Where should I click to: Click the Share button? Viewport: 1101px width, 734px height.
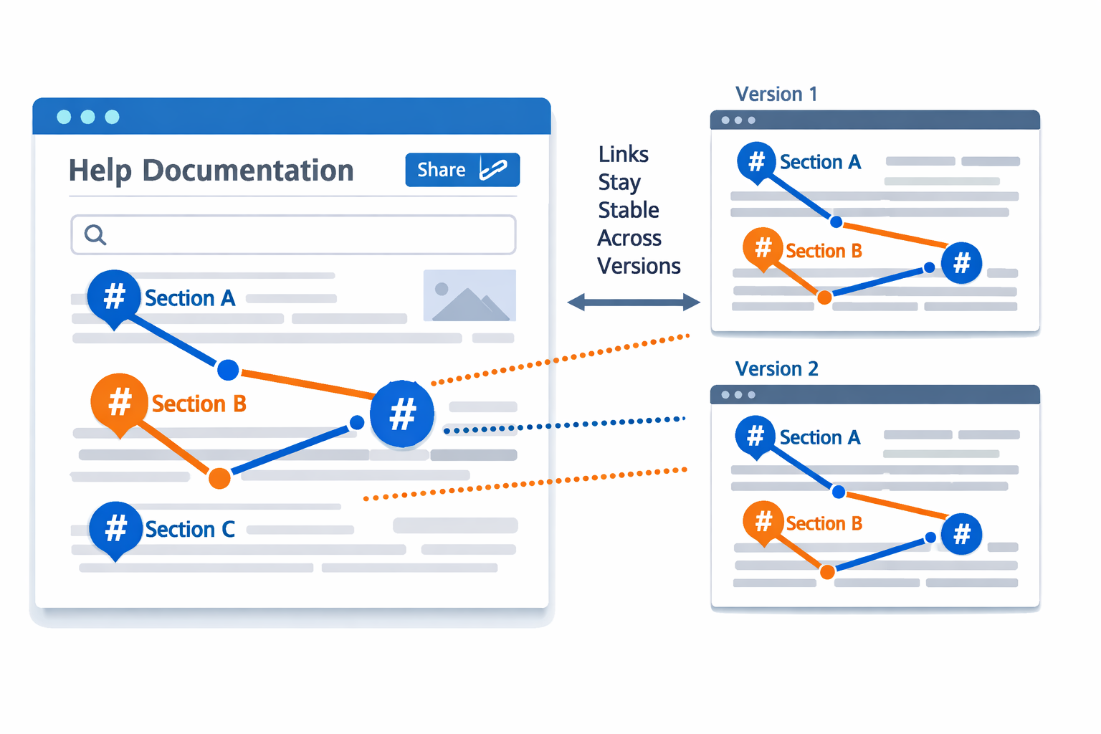coord(462,170)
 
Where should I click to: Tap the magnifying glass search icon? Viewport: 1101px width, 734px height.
coord(95,234)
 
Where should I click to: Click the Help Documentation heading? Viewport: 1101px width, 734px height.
coord(211,171)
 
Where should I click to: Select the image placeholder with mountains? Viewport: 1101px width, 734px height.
coord(470,295)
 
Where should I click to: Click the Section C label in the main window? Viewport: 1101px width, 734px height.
coord(190,530)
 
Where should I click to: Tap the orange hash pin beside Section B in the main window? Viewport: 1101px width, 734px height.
coord(119,401)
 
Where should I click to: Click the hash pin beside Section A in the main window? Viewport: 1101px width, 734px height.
coord(114,296)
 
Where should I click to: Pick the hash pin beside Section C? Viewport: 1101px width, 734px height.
coord(115,529)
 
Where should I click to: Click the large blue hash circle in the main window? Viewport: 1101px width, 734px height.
coord(402,414)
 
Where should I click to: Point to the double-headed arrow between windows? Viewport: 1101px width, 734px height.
coord(634,302)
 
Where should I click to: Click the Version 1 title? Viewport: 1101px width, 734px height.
coord(776,95)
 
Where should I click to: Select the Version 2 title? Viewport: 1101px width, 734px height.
coord(776,369)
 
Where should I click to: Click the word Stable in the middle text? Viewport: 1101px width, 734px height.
coord(629,210)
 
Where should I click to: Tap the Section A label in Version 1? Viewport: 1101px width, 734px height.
coord(820,163)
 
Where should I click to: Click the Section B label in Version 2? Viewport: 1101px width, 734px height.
coord(824,524)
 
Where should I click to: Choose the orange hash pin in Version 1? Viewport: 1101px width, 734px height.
coord(763,248)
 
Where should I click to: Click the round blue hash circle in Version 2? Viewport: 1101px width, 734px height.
coord(961,534)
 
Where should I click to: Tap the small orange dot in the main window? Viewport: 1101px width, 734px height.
coord(220,478)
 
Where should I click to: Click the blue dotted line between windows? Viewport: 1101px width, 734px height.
coord(566,425)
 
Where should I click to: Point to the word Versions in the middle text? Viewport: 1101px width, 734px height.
coord(639,266)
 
